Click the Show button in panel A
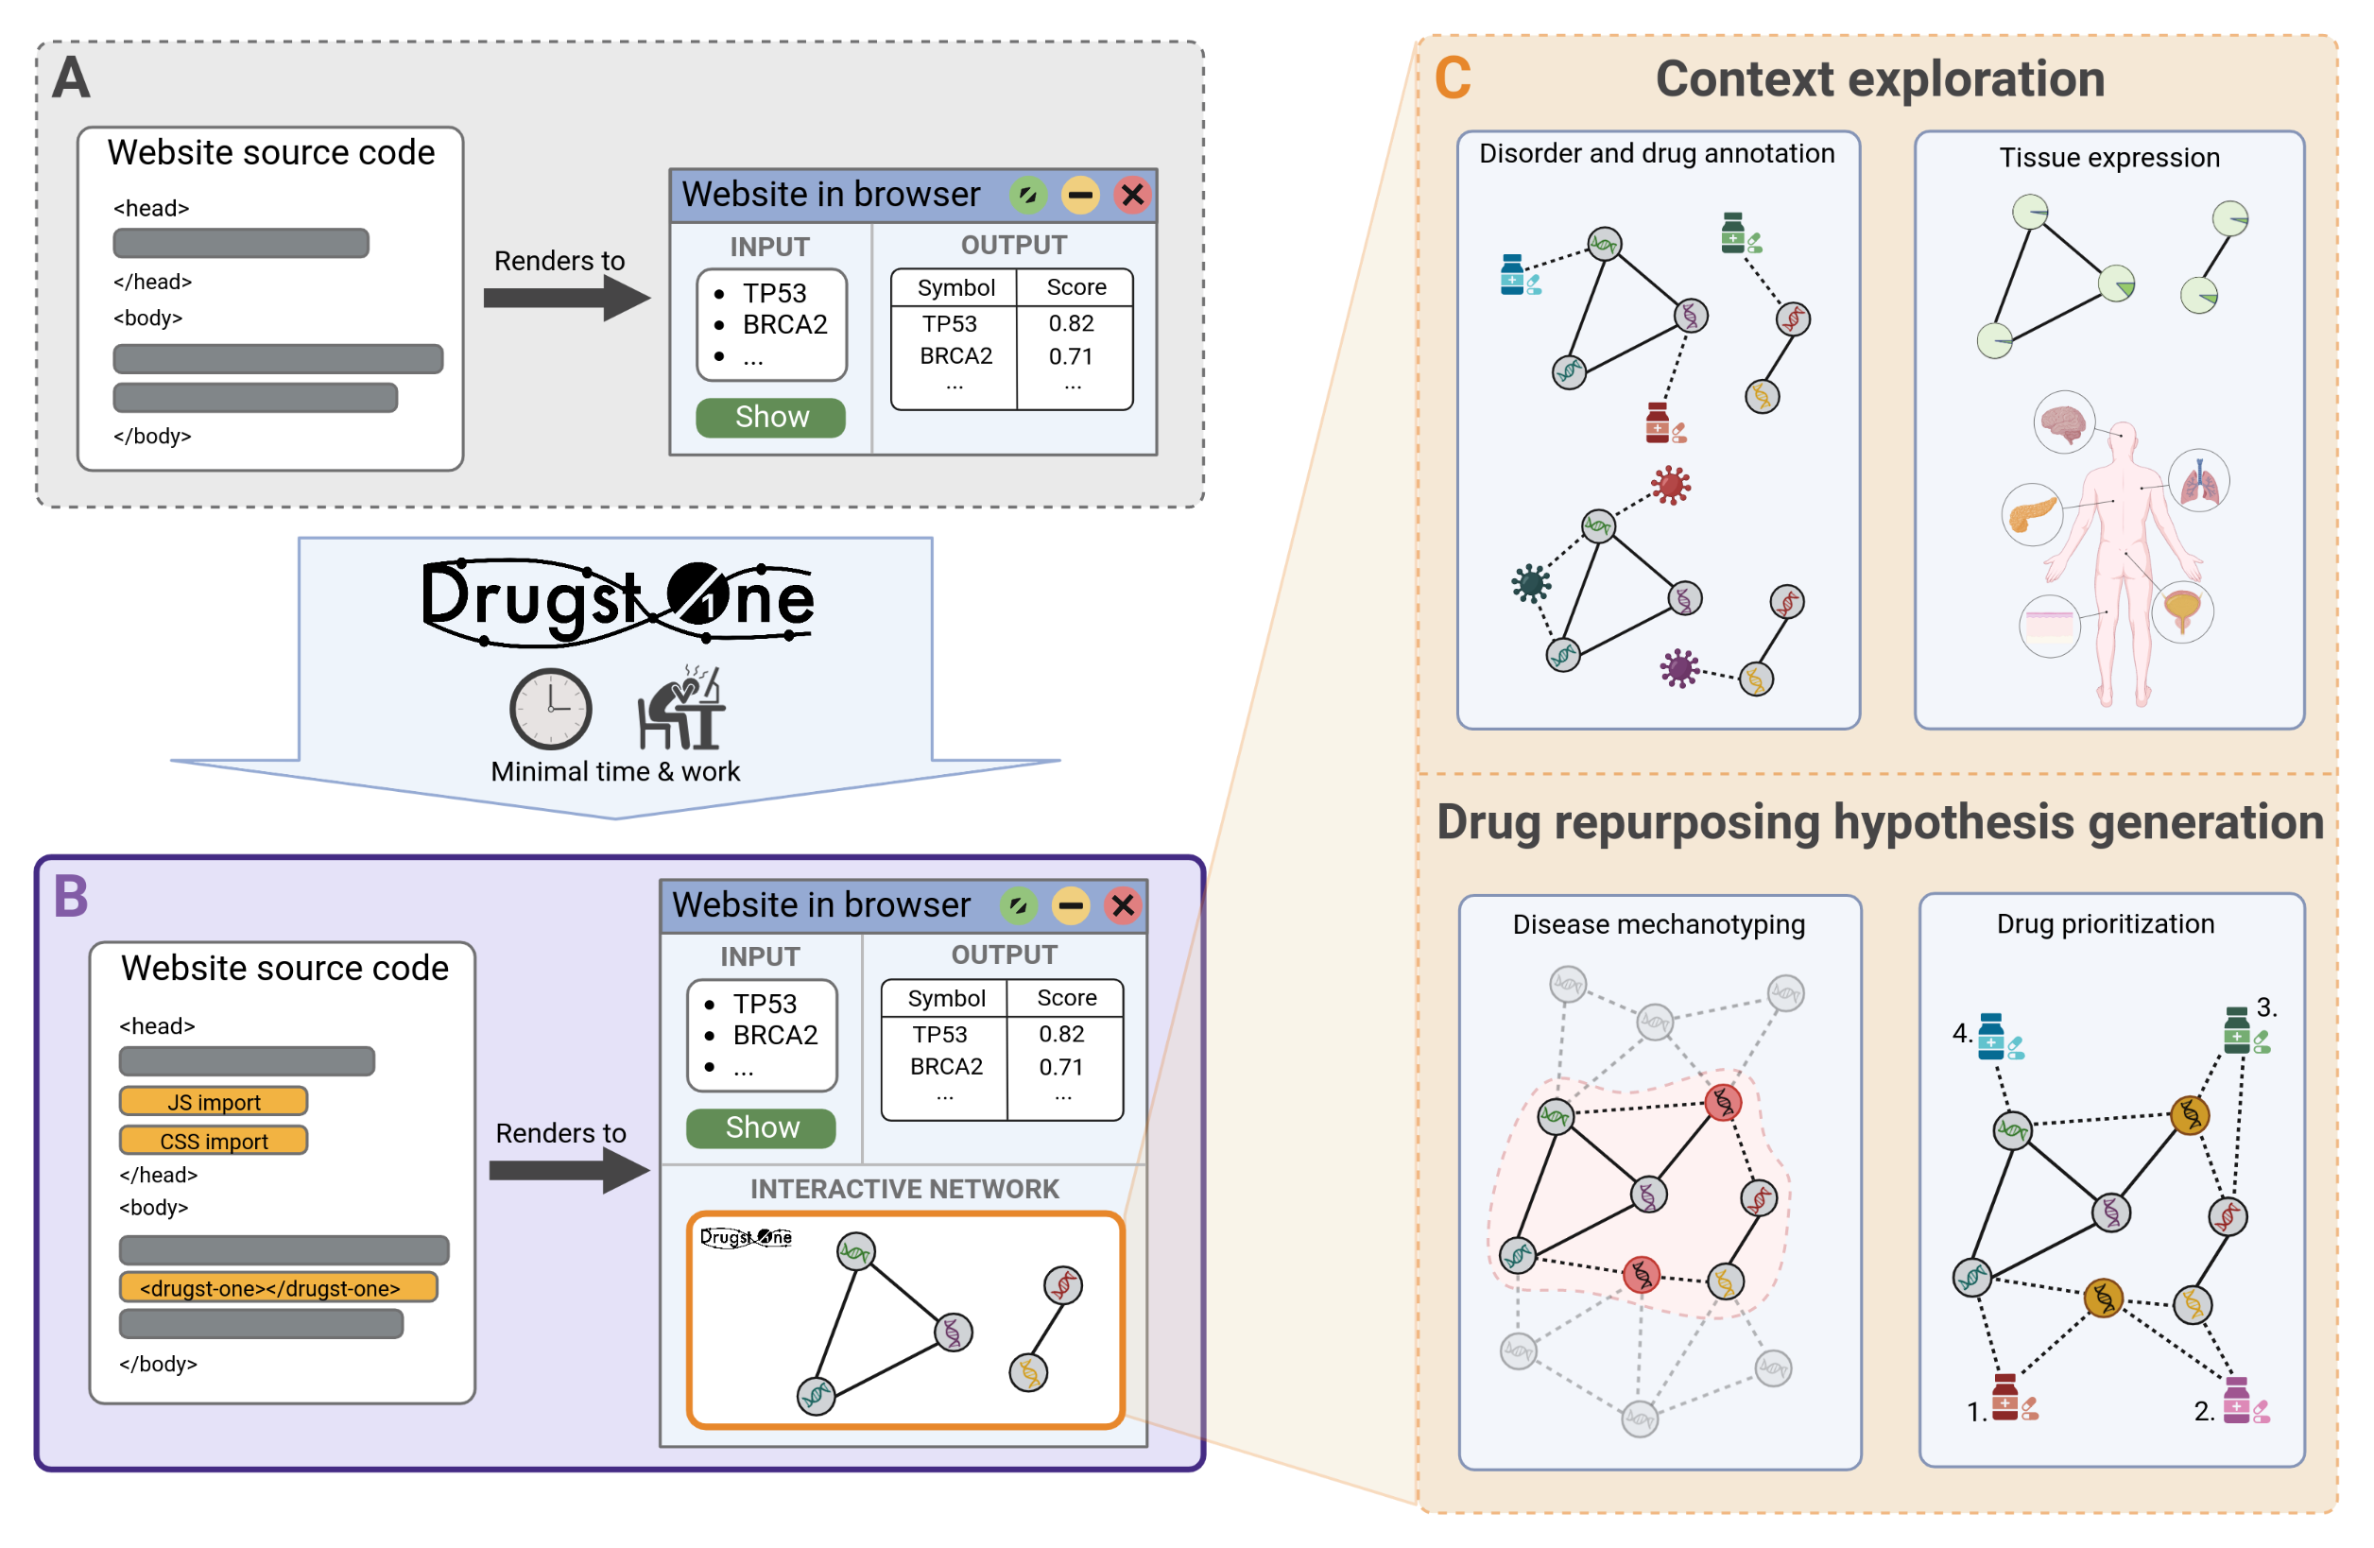tap(770, 417)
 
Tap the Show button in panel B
tap(760, 1128)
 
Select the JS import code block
tap(214, 1101)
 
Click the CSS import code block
tap(214, 1140)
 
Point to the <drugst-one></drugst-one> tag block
tap(278, 1288)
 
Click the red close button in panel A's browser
tap(1132, 195)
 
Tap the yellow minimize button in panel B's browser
tap(1071, 905)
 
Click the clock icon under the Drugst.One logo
tap(551, 709)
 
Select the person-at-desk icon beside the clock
tap(682, 708)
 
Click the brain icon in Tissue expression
tap(2063, 422)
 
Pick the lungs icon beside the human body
tap(2198, 482)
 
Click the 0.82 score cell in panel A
tap(1072, 323)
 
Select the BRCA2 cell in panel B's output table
tap(946, 1066)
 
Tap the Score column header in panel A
tap(1075, 287)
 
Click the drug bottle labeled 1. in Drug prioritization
tap(2004, 1398)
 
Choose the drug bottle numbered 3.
tap(2237, 1030)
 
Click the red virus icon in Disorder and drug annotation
tap(1671, 486)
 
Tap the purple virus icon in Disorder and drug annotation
tap(1679, 668)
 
